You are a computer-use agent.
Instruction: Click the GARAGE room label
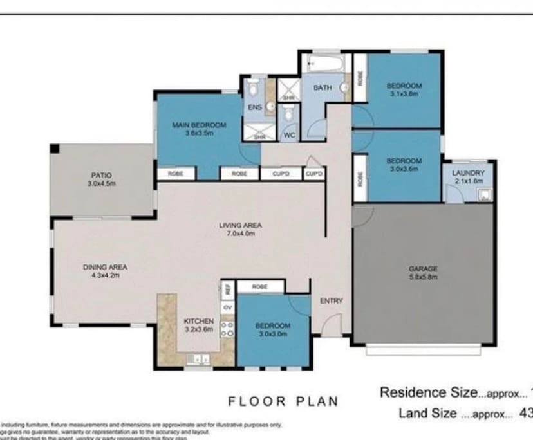click(x=423, y=269)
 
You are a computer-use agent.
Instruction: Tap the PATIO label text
click(x=101, y=174)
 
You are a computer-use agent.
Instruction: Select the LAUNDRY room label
click(x=468, y=173)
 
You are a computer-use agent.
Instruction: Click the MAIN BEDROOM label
click(x=199, y=125)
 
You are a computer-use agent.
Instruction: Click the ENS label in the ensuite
click(x=254, y=107)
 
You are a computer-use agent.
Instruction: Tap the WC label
click(x=289, y=135)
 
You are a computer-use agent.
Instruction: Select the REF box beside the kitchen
click(x=227, y=289)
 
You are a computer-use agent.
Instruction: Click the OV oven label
click(x=227, y=307)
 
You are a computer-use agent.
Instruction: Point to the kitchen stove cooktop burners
click(x=227, y=329)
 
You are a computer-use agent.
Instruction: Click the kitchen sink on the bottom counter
click(x=200, y=360)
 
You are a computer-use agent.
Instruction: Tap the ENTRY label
click(x=332, y=300)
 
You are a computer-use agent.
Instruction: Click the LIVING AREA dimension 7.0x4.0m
click(x=240, y=234)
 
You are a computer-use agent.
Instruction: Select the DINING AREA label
click(x=105, y=267)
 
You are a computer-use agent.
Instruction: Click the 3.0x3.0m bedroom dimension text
click(x=273, y=334)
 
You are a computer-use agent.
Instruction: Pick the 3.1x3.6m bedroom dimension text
click(x=404, y=94)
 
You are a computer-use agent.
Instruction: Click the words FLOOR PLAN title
click(x=283, y=401)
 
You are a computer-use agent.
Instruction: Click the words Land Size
click(x=428, y=413)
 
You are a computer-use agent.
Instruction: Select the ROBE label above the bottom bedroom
click(x=260, y=286)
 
